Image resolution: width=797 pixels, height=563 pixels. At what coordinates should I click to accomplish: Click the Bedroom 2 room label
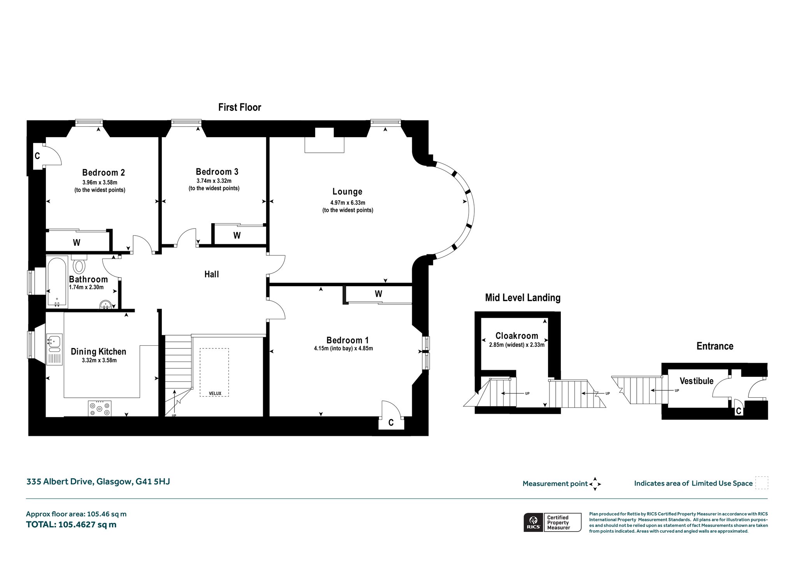104,172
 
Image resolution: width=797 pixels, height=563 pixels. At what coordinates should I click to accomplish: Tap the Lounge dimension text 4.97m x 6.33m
348,203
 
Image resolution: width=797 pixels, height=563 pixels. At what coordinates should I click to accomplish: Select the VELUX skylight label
215,393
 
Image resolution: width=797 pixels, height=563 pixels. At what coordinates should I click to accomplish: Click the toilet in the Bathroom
79,265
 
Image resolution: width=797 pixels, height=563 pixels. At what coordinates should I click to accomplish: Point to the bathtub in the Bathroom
57,281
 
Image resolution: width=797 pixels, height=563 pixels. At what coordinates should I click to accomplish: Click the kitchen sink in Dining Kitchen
54,343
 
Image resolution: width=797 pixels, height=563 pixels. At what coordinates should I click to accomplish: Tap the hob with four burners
100,408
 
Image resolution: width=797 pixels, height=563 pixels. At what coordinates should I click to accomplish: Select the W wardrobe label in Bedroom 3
237,235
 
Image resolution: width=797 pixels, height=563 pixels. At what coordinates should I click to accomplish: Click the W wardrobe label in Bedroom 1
379,294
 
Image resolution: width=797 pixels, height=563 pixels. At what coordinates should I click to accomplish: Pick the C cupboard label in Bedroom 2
37,156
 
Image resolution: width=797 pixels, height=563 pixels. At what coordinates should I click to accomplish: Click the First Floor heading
240,107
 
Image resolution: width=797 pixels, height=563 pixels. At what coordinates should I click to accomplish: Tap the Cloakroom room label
517,336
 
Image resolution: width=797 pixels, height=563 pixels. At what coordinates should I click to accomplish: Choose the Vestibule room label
697,381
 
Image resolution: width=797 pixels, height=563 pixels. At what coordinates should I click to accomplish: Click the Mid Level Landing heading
523,298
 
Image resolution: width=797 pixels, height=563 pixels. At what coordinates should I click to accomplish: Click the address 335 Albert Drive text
60,481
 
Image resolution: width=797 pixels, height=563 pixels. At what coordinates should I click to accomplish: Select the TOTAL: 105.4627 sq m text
71,525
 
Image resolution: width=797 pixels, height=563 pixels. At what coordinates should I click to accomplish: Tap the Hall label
212,274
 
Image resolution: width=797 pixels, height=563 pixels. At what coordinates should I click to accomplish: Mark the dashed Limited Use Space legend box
762,483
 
